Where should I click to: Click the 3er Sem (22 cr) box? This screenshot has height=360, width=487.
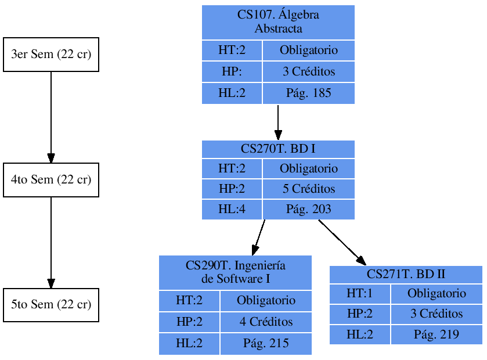[51, 55]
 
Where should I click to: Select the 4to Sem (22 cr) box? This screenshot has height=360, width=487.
[51, 180]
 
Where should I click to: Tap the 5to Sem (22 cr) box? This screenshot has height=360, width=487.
[51, 305]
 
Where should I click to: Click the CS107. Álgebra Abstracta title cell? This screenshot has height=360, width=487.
[278, 22]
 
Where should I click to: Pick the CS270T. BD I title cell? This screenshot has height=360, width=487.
[278, 149]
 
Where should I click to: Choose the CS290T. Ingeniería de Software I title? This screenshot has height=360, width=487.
[235, 272]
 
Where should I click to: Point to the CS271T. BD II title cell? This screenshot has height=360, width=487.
[406, 275]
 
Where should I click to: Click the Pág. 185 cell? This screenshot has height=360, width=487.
[308, 93]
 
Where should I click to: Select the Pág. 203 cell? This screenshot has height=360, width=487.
[308, 209]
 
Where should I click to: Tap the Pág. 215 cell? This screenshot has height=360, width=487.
[266, 344]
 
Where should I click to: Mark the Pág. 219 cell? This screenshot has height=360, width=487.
[437, 334]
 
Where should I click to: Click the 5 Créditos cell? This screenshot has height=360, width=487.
[308, 189]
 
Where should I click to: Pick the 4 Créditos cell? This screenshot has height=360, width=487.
[266, 322]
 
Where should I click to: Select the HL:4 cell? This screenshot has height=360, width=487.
[232, 209]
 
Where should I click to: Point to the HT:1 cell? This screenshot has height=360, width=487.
[360, 294]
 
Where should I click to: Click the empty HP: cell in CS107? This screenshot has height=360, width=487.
[232, 73]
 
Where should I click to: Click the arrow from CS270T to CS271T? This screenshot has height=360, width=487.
[342, 243]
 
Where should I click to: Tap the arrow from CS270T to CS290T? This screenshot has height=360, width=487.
[259, 237]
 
